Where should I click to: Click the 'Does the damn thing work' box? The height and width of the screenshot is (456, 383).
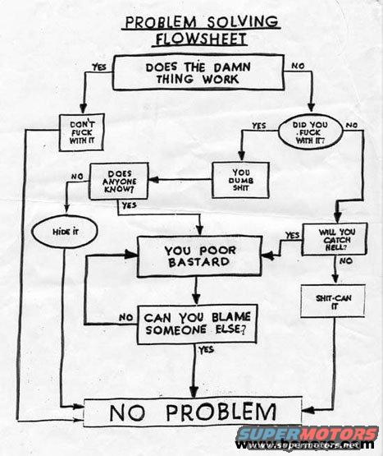[198, 72]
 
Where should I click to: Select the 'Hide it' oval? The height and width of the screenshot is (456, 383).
[65, 232]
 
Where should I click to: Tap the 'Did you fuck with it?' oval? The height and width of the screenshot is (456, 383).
[310, 132]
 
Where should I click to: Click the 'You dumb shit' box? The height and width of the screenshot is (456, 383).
[240, 180]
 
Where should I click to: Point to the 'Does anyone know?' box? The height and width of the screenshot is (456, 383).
[119, 182]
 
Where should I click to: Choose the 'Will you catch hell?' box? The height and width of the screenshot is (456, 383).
[335, 239]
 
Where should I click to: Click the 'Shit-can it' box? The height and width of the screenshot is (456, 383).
[333, 301]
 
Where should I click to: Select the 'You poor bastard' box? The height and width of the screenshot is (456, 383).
[199, 256]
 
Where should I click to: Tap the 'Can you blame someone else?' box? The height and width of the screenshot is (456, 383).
[197, 324]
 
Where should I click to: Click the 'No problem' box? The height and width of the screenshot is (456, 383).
[193, 412]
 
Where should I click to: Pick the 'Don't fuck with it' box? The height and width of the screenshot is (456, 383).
[81, 132]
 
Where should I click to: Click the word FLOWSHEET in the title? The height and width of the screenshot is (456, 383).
[201, 39]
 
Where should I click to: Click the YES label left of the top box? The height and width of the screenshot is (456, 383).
[99, 67]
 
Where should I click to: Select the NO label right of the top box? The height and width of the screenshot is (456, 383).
[298, 66]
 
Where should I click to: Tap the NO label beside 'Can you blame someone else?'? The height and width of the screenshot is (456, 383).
[126, 318]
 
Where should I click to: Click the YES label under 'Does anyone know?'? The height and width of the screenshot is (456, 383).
[129, 205]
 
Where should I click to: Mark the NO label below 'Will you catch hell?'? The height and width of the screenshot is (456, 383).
[346, 260]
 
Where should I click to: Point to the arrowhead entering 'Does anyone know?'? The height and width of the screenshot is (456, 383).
[153, 179]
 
